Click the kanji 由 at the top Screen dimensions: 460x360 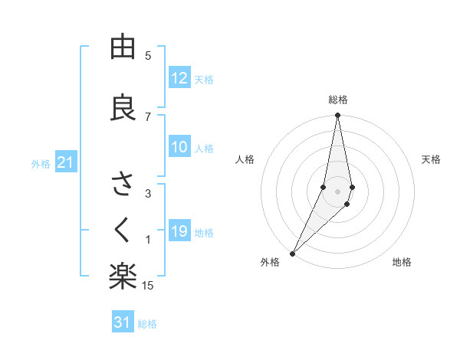(x=122, y=48)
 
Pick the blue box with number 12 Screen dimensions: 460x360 (x=179, y=78)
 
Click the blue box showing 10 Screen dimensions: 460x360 (x=179, y=148)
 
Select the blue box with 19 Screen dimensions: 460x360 (x=179, y=232)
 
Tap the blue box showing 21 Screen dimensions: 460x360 (x=65, y=163)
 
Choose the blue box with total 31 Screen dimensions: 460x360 (x=123, y=322)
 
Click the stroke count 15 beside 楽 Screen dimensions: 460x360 (x=148, y=286)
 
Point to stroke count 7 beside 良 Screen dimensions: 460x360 (x=148, y=116)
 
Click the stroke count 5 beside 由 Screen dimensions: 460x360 (x=148, y=56)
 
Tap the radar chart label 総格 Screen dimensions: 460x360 (x=337, y=100)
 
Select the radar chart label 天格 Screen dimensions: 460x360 (x=431, y=159)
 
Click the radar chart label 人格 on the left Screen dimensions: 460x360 (x=245, y=159)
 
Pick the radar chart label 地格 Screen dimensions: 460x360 (x=402, y=263)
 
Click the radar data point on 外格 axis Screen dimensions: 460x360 (x=292, y=253)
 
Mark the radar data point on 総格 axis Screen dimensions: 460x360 (x=337, y=116)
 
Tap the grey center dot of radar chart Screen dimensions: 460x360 (x=337, y=191)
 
